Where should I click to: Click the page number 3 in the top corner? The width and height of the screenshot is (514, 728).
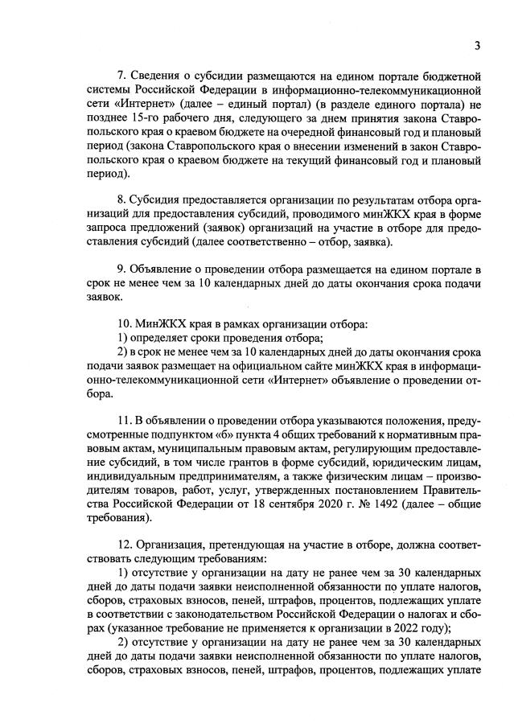477,45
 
